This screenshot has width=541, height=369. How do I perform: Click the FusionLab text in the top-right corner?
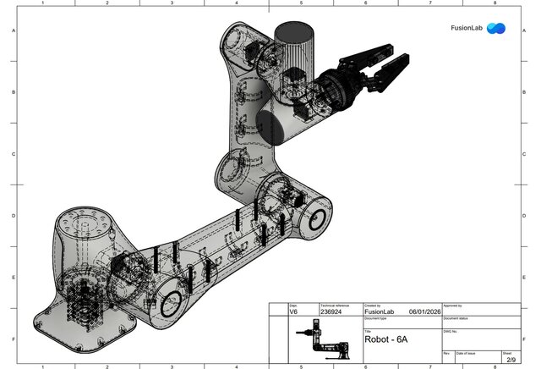(x=466, y=28)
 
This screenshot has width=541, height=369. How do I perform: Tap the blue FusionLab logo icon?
(x=496, y=28)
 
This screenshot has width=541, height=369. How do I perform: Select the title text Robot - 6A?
(x=386, y=339)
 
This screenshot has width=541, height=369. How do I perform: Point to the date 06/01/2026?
(x=425, y=312)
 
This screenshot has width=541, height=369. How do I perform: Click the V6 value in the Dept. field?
(x=293, y=312)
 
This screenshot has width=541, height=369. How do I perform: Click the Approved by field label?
(x=453, y=306)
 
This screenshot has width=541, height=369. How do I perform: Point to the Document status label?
(x=457, y=318)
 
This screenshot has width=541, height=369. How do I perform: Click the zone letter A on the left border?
(x=13, y=31)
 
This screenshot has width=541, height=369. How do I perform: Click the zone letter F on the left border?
(x=13, y=339)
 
